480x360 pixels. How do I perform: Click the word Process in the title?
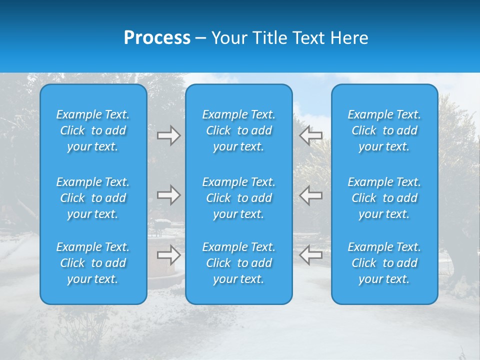pyautogui.click(x=157, y=37)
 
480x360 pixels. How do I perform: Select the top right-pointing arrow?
pyautogui.click(x=168, y=135)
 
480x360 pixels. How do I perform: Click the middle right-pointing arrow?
pyautogui.click(x=168, y=195)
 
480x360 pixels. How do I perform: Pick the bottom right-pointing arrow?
pyautogui.click(x=168, y=254)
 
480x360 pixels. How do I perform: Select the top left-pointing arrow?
pyautogui.click(x=311, y=135)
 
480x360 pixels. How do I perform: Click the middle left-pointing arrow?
pyautogui.click(x=311, y=195)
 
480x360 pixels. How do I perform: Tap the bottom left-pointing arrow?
pyautogui.click(x=311, y=254)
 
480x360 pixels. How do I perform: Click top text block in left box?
pyautogui.click(x=93, y=130)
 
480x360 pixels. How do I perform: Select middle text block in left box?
pyautogui.click(x=93, y=198)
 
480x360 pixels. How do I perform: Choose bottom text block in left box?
pyautogui.click(x=93, y=263)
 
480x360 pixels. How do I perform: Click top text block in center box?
pyautogui.click(x=239, y=130)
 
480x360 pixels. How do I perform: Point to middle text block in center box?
pyautogui.click(x=239, y=198)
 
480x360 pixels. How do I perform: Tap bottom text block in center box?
pyautogui.click(x=239, y=263)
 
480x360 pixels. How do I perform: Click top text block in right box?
pyautogui.click(x=384, y=130)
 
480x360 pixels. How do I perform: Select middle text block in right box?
pyautogui.click(x=384, y=198)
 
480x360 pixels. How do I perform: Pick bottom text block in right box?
pyautogui.click(x=384, y=263)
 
